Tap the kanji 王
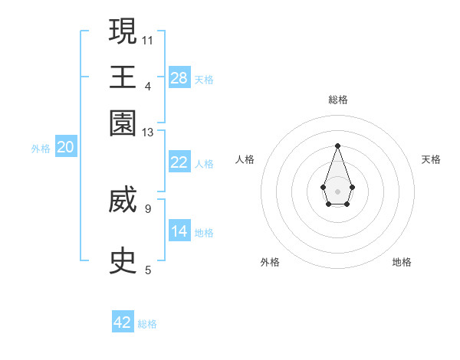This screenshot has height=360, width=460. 123,77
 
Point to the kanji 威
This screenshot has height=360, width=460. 123,202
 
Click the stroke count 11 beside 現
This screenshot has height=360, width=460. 148,39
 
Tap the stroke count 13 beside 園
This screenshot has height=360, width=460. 148,133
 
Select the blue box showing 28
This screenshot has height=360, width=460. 179,77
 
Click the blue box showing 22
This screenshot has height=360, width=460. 179,162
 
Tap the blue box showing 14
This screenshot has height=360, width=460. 179,231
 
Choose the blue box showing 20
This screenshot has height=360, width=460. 65,148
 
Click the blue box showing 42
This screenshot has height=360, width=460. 123,322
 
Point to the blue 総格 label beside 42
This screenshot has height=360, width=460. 147,324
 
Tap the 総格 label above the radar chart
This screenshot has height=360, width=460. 337,100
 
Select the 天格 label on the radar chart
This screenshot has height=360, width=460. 431,159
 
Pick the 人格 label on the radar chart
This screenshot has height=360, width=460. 245,159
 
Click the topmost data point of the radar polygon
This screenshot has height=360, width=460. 337,146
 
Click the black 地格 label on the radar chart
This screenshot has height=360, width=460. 402,262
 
